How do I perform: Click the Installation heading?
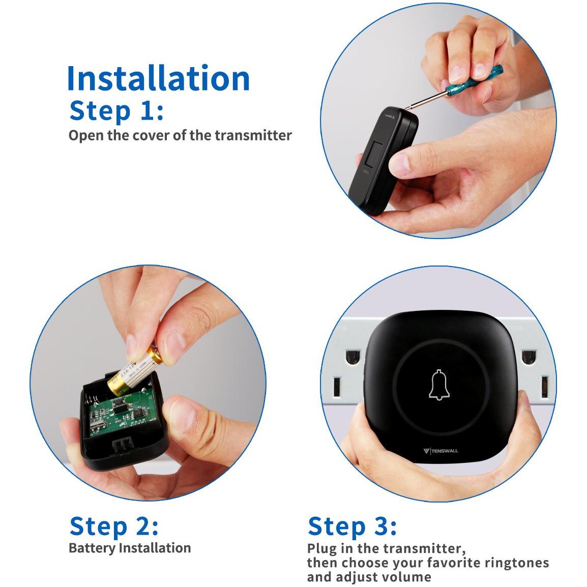pyautogui.click(x=158, y=78)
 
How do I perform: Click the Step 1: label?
pyautogui.click(x=116, y=110)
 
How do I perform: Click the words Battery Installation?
pyautogui.click(x=130, y=548)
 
